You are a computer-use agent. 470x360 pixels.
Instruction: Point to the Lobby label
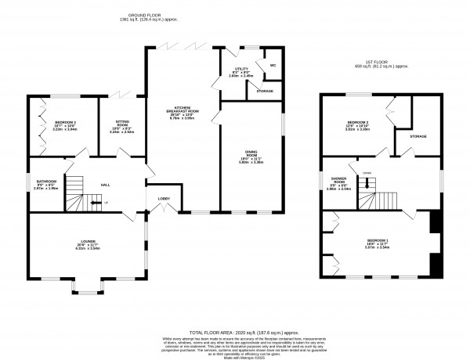coord(164,199)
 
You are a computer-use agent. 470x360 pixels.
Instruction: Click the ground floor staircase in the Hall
coord(73,196)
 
